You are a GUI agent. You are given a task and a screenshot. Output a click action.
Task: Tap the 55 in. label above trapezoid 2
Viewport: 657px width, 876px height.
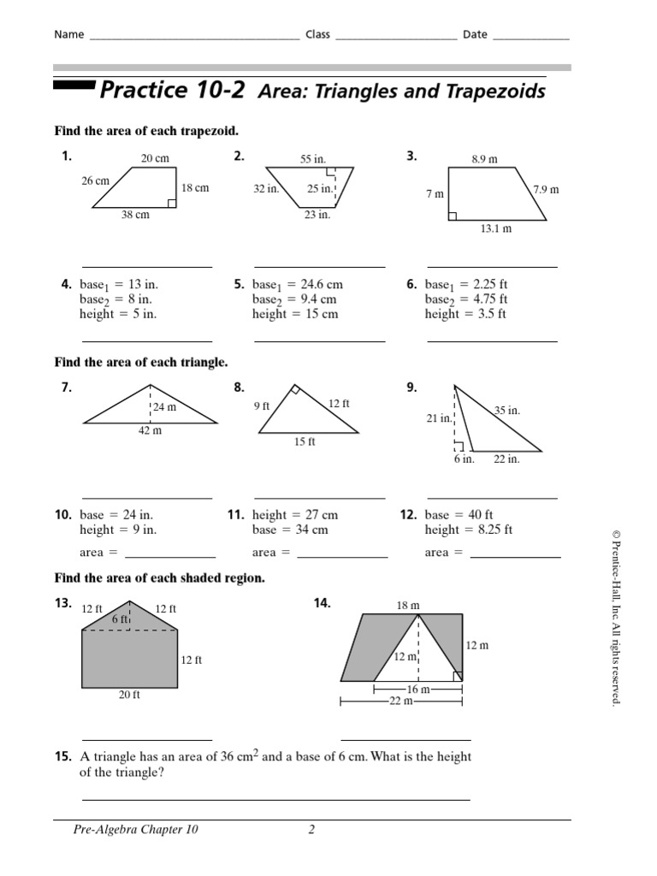point(312,159)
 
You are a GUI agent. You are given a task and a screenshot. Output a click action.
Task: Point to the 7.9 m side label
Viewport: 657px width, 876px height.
point(545,189)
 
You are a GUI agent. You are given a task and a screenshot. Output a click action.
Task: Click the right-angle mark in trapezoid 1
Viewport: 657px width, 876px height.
point(172,204)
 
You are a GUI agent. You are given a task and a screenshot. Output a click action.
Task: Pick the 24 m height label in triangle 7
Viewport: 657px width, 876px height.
point(165,408)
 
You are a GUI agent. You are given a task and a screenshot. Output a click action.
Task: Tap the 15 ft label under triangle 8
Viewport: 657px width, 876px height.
point(305,442)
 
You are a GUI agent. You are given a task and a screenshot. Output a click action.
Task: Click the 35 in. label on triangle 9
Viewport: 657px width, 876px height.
point(507,411)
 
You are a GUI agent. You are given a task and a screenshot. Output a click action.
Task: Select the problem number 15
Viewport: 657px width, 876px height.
point(62,757)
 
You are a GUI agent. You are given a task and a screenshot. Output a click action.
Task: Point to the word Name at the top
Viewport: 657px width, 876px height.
point(69,35)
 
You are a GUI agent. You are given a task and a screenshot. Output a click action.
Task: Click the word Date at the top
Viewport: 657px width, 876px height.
point(475,35)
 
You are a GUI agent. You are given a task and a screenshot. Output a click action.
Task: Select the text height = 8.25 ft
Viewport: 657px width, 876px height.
point(468,530)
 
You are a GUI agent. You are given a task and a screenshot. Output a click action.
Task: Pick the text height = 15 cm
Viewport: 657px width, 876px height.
point(294,315)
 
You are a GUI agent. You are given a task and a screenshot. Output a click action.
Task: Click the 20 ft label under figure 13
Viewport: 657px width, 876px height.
point(129,695)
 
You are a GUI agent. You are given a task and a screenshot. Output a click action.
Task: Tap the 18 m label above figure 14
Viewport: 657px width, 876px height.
point(408,606)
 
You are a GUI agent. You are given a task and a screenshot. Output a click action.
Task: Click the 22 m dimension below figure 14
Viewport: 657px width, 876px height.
point(402,701)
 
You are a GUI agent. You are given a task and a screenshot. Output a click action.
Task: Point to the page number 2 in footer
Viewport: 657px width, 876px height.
point(312,830)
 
